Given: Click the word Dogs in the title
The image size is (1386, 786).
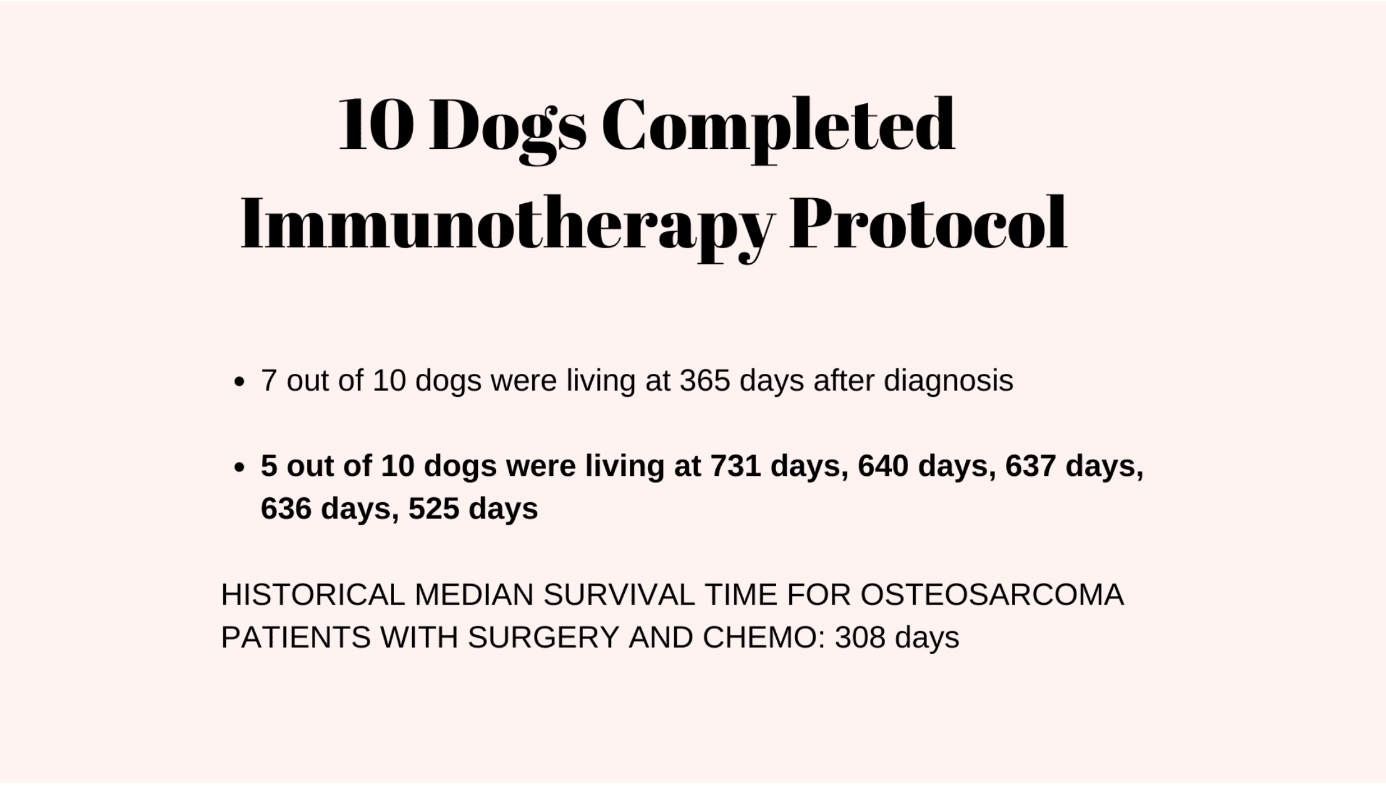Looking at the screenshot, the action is pos(508,128).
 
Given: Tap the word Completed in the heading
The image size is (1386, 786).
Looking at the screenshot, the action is pos(779,128).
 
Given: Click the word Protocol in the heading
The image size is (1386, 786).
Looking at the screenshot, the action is pos(928,224).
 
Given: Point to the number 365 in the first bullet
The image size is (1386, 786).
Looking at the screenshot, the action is pos(705,380).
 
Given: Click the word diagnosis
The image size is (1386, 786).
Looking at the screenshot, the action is pos(948,381).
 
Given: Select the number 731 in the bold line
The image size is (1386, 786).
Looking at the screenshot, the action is pos(736,466).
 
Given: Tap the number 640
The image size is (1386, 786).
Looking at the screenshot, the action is pos(883,466).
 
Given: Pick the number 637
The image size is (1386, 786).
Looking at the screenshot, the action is pos(1031,466).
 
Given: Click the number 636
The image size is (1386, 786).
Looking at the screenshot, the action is pos(286,508).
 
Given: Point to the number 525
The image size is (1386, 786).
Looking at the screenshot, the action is pos(434,508).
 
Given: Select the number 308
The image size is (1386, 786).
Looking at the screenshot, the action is pos(860,638).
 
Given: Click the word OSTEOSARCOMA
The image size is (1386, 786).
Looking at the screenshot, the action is pos(993,595).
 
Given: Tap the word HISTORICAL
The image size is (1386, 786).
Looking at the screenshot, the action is pos(313,595).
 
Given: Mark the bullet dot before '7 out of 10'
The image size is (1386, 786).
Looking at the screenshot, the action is pos(238,382).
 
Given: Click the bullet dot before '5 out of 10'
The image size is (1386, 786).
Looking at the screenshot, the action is pos(238,468).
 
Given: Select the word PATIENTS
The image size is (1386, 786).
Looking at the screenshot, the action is pos(296,638).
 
